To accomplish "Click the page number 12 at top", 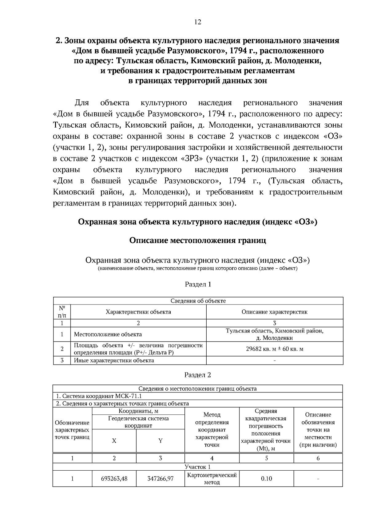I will (x=197, y=22).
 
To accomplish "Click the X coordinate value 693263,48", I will (x=114, y=479).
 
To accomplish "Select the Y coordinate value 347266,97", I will (x=160, y=479).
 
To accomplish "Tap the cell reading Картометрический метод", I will (x=212, y=479).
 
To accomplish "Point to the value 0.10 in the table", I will (x=266, y=479).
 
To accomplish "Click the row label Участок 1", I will (x=197, y=467).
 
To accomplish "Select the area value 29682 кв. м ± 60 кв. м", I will (x=275, y=349).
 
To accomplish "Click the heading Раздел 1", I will (x=198, y=284).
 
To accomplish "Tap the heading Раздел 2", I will (x=197, y=375).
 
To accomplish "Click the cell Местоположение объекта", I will (x=108, y=334).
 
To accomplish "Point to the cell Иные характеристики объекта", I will (x=114, y=361).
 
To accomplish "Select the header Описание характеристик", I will (x=275, y=312).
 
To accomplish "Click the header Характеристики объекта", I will (x=138, y=312).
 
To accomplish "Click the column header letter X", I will (x=114, y=441).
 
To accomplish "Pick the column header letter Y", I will (x=160, y=441).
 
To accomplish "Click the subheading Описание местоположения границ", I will (x=197, y=240).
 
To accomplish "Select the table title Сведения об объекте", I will (x=198, y=301).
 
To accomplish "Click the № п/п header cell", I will (x=62, y=312).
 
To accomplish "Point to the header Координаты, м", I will (x=138, y=411).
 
